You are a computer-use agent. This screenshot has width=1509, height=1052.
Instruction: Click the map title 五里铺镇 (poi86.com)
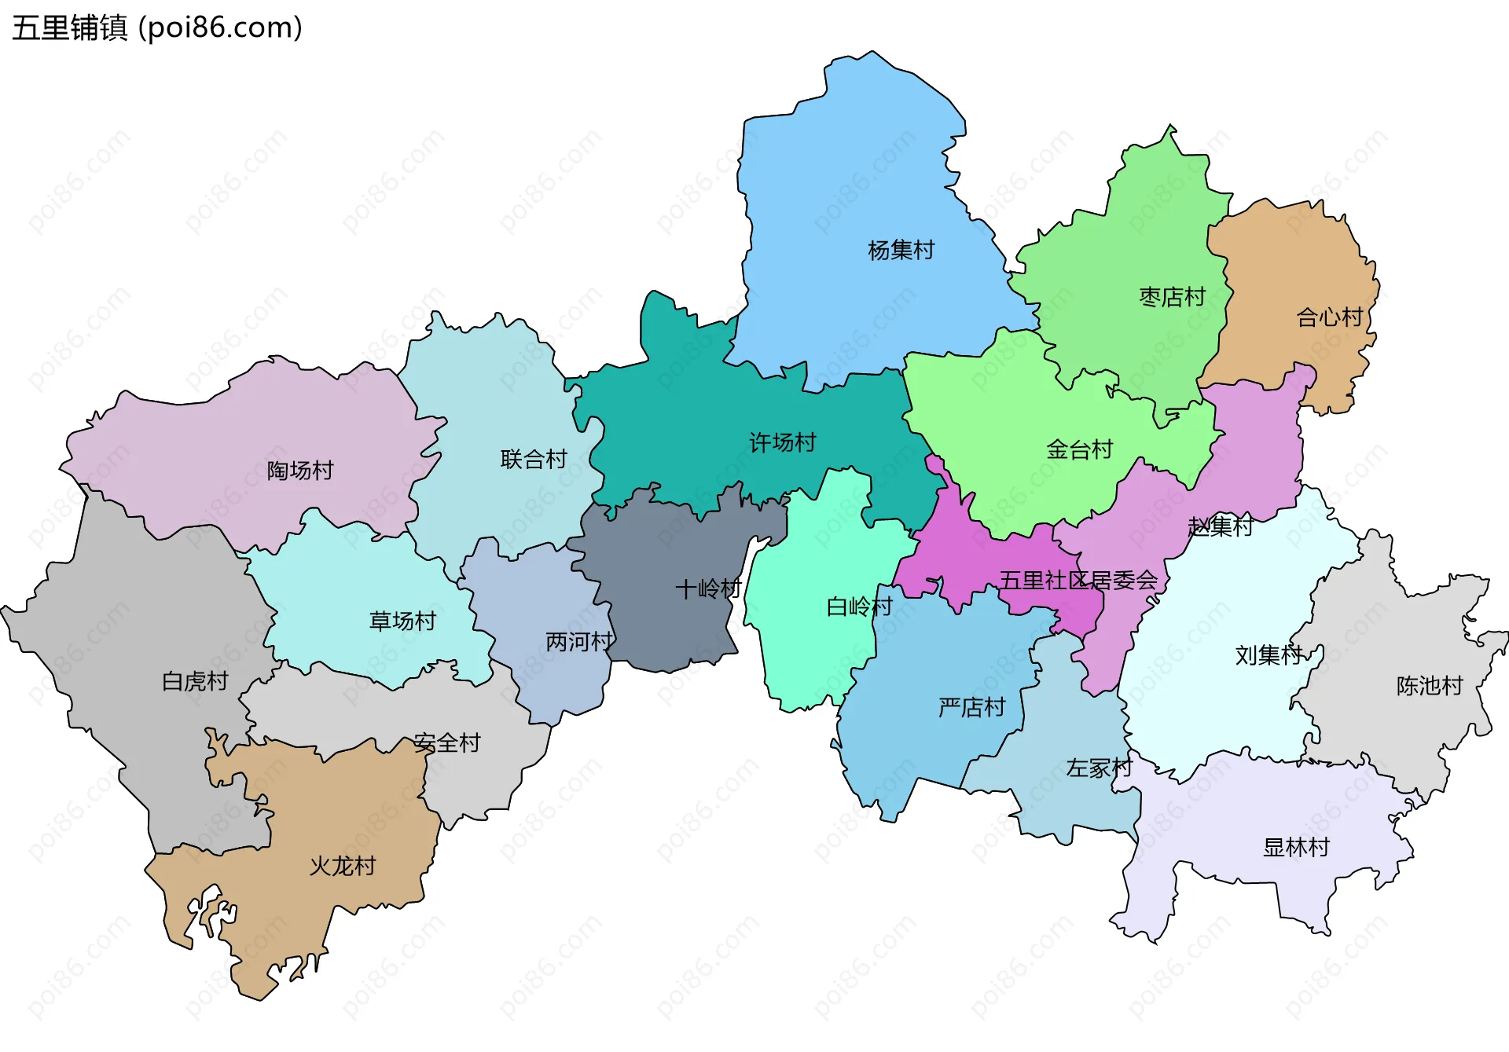(157, 28)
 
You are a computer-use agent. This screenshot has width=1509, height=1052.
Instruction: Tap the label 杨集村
(901, 251)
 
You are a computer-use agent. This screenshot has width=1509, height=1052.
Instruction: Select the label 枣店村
(1172, 297)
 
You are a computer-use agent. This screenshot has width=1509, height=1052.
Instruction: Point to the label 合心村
(1329, 317)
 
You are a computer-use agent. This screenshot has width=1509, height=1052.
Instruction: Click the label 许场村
(782, 442)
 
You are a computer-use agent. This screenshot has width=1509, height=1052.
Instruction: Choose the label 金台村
(1079, 449)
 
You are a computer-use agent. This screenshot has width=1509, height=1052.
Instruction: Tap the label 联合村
(534, 459)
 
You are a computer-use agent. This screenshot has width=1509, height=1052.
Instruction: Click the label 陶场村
(300, 470)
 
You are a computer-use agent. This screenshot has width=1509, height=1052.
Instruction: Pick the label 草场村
(402, 621)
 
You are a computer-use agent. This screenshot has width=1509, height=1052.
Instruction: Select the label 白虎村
(195, 681)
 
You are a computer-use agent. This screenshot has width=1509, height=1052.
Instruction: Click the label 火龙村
(342, 866)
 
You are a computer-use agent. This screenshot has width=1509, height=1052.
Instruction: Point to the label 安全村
(447, 742)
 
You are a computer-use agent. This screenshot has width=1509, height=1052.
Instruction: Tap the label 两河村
(579, 642)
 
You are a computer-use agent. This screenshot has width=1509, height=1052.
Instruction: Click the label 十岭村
(708, 588)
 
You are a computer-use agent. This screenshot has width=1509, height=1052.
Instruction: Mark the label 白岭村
(859, 606)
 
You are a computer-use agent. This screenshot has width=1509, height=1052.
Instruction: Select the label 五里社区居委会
(1078, 581)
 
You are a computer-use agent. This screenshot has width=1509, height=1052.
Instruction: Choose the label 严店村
(971, 707)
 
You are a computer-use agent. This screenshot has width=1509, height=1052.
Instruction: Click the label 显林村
(1295, 847)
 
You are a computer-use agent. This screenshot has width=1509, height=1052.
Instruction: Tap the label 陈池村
(1429, 686)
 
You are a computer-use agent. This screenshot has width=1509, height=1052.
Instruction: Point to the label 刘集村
(1269, 654)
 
